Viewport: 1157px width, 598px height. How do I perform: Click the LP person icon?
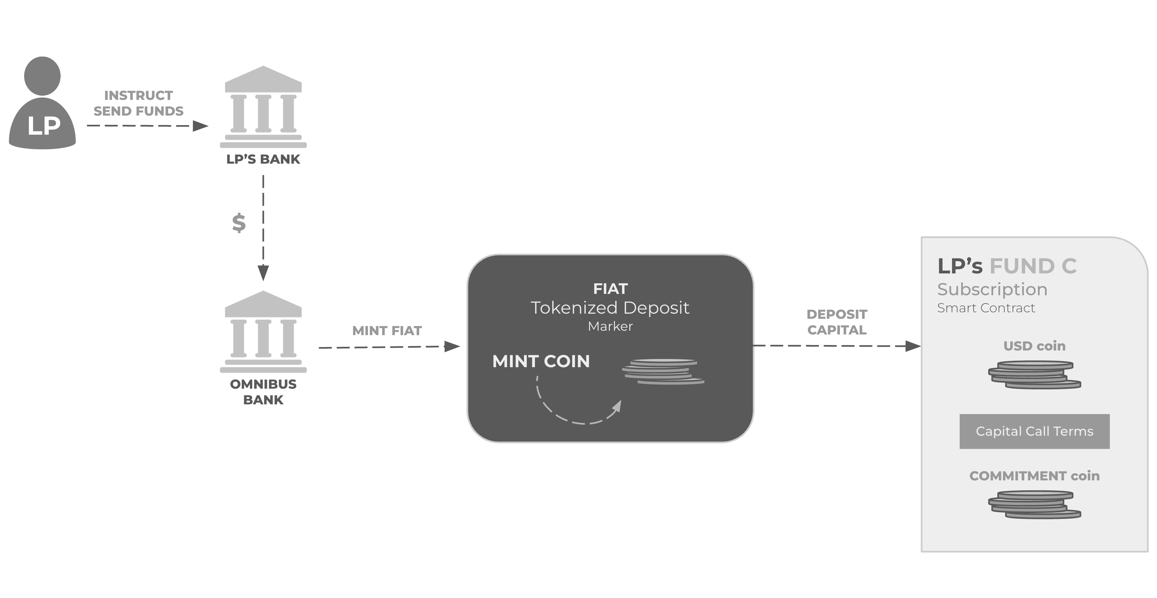tap(42, 103)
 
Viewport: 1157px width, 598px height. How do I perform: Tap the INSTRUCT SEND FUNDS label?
tap(138, 103)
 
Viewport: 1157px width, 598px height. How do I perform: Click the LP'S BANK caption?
tap(263, 159)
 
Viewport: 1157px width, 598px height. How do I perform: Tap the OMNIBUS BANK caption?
tap(263, 392)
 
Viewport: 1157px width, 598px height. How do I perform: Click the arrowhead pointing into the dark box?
tap(452, 346)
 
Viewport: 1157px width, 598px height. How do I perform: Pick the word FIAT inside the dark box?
tap(610, 289)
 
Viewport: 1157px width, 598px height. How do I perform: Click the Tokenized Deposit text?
tap(610, 308)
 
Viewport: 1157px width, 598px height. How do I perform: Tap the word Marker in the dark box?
tap(610, 326)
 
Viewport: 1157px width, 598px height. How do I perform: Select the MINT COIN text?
tap(541, 361)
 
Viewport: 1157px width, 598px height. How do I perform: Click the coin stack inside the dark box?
tap(663, 371)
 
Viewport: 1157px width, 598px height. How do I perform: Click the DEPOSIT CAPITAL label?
tap(837, 322)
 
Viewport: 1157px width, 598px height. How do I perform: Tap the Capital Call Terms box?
tap(1034, 431)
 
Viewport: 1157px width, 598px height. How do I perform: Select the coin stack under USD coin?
tap(1034, 375)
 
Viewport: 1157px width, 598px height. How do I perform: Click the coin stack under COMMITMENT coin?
tap(1034, 505)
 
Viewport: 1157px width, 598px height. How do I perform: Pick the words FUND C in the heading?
tap(1033, 266)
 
